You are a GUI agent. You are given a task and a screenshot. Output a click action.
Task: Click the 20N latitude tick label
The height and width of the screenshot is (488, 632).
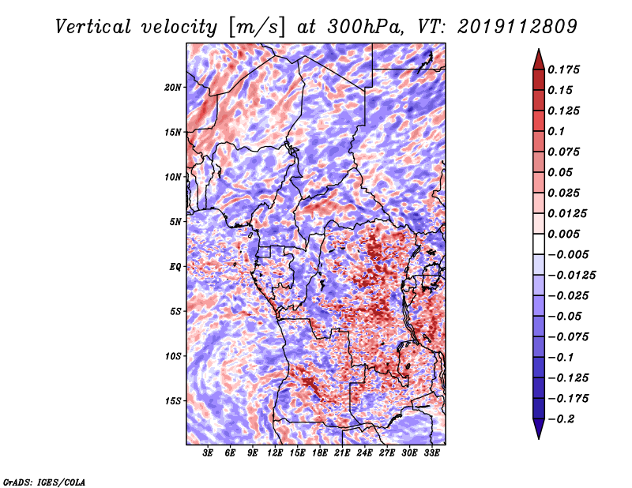173,88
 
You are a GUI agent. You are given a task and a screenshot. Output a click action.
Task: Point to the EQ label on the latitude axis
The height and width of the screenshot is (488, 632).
175,267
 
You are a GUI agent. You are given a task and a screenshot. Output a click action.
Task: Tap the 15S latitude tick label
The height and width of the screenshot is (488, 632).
173,401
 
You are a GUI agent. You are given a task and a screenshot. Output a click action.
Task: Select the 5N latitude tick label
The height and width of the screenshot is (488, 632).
175,222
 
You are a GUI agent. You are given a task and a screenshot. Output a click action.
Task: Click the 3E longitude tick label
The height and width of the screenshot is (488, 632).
208,452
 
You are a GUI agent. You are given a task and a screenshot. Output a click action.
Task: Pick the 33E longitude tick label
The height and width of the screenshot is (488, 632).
431,452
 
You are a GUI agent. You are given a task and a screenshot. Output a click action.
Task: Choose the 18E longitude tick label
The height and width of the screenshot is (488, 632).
320,452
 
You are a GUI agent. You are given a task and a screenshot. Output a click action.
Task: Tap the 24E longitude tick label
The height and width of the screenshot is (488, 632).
364,452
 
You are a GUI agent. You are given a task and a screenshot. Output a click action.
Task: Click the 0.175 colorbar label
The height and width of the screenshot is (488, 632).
563,69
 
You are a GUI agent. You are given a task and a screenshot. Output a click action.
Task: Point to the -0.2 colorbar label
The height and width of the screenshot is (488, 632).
561,419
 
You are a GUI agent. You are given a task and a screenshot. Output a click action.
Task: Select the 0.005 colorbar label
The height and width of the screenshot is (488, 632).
563,234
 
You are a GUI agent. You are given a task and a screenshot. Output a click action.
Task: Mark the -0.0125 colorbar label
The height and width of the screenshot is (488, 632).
571,276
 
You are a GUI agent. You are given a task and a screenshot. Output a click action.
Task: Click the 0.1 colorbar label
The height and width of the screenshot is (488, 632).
556,131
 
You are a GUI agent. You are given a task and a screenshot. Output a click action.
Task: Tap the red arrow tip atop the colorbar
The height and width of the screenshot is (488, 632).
539,49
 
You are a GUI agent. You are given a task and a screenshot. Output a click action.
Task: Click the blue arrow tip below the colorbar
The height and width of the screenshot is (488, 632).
539,438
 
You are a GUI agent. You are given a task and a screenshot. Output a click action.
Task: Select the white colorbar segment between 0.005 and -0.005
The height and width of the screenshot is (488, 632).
539,244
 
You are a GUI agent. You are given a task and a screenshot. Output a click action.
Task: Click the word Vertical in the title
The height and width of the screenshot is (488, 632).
93,27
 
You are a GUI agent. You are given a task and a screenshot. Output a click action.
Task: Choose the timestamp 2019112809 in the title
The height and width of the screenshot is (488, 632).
517,27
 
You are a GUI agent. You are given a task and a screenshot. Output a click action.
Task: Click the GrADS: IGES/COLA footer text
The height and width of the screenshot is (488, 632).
44,482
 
